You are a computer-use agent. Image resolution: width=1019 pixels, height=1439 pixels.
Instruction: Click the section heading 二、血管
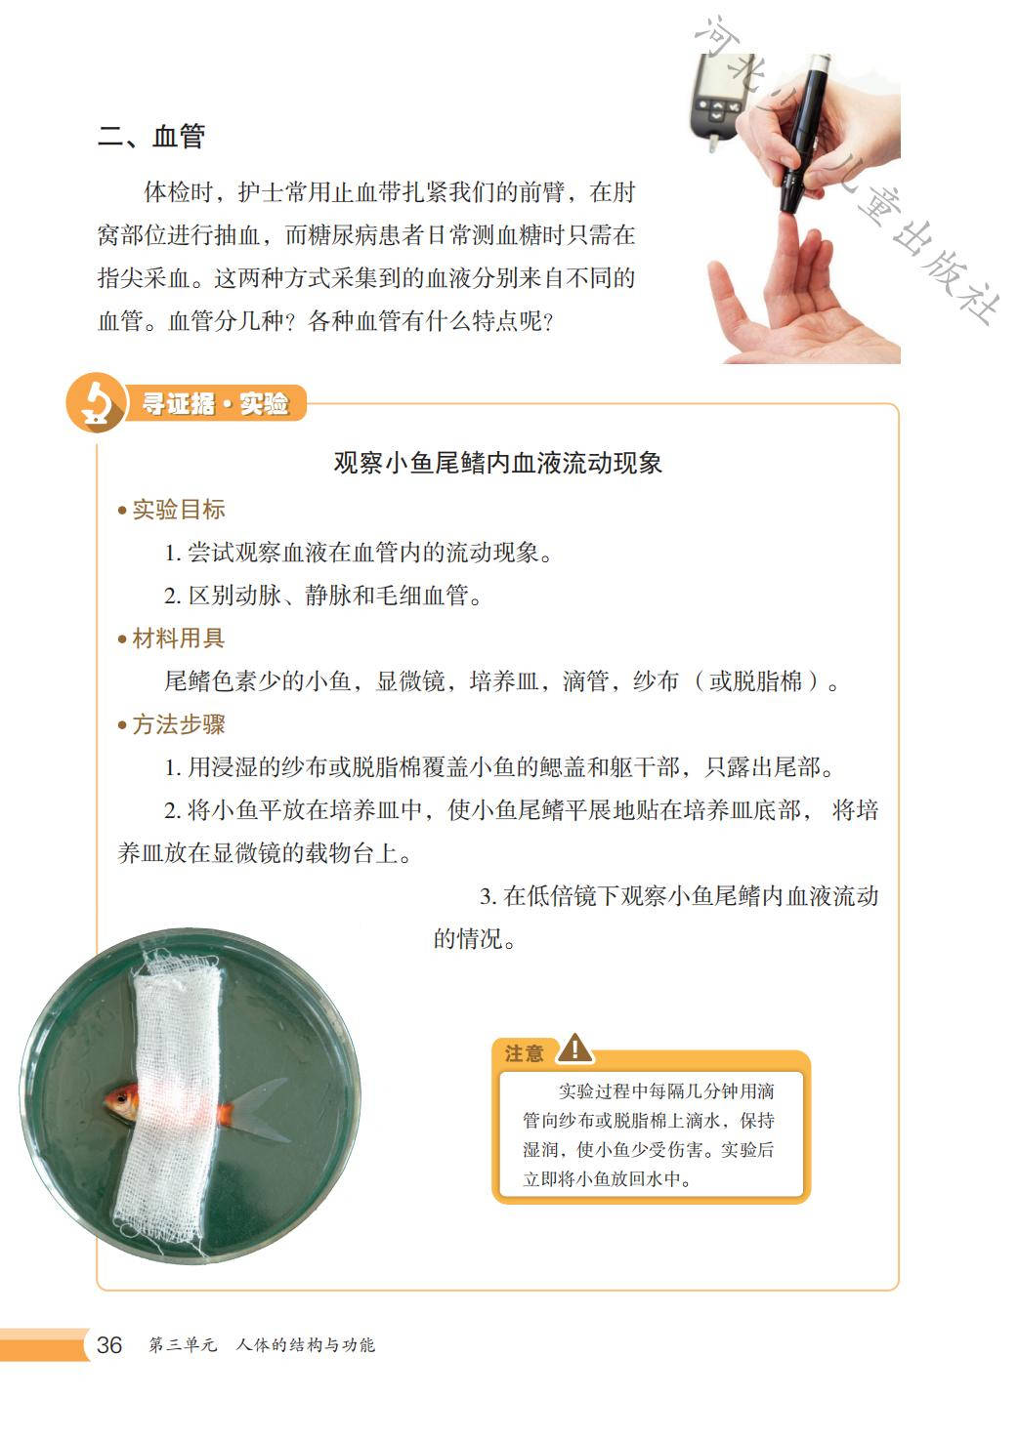click(x=151, y=137)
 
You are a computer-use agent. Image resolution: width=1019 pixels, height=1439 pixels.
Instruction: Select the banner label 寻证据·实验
click(x=215, y=403)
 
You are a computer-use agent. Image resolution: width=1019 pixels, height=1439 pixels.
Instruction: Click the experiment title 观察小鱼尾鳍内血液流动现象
click(x=497, y=463)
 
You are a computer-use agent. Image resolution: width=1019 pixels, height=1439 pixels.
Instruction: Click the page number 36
click(x=109, y=1344)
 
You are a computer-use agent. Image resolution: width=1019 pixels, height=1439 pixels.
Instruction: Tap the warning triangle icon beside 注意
click(x=574, y=1048)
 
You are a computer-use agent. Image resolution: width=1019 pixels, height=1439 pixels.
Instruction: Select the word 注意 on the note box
click(x=524, y=1053)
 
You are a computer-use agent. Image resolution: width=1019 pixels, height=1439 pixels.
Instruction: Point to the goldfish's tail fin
click(x=261, y=1110)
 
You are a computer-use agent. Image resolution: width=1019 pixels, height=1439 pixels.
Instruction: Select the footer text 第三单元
click(x=183, y=1344)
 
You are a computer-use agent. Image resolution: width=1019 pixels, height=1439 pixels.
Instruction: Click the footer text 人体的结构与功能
click(x=306, y=1344)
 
